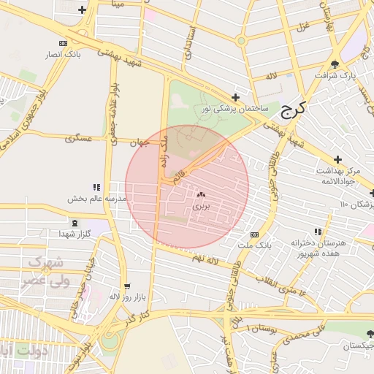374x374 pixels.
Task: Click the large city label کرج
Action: [294, 109]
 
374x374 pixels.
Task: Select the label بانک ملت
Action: [259, 245]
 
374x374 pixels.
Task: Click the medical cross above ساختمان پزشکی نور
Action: [235, 96]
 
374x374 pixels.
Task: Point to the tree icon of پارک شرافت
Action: [335, 64]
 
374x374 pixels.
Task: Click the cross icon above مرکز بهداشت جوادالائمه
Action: [337, 159]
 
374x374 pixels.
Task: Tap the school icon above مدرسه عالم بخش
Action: [96, 187]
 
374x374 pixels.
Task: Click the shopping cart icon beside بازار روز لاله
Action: [129, 286]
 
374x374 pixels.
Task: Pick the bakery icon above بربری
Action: [201, 195]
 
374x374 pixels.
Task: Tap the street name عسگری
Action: [78, 137]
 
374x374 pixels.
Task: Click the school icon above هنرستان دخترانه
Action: [317, 231]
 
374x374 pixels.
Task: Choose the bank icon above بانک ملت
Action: [253, 234]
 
